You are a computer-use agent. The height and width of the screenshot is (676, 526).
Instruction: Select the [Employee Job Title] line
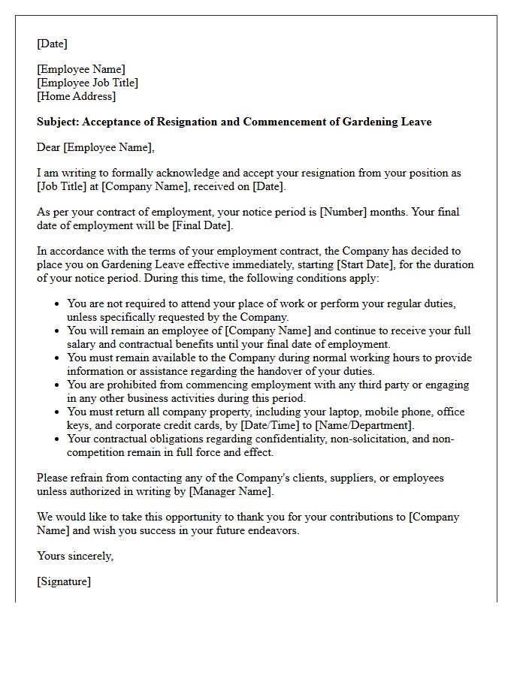[87, 83]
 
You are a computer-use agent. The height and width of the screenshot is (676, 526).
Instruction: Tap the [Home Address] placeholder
[76, 96]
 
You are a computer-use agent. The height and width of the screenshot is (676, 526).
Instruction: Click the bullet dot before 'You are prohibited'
[57, 385]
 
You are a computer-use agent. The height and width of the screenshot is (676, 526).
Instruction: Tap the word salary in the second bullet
[83, 344]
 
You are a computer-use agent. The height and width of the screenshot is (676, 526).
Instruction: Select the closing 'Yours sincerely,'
[75, 556]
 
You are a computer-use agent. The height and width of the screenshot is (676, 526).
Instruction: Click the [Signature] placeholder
[63, 581]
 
